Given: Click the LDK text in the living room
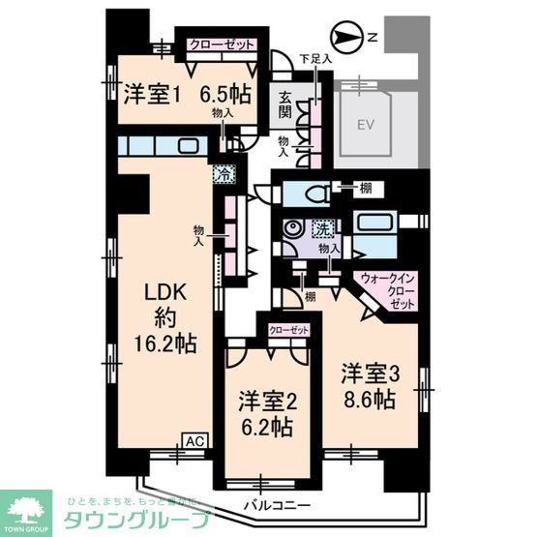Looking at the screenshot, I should point(164,291).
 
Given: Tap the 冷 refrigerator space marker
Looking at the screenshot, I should point(224,175).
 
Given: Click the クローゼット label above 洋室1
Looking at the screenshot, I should point(223,45).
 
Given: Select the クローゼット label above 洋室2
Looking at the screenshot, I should point(286,330).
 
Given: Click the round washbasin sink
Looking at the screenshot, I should point(291,230).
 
